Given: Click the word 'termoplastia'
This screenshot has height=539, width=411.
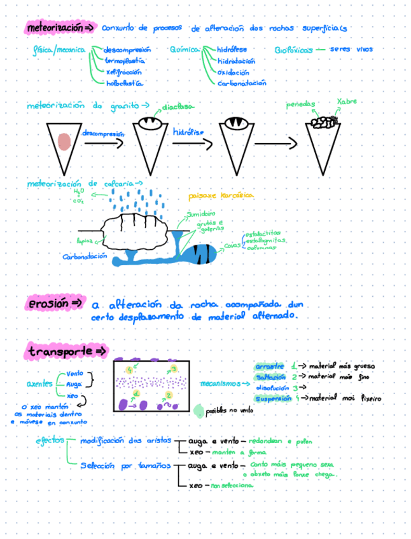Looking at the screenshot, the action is [125, 61].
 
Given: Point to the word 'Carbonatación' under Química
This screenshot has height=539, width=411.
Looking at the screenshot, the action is [242, 83].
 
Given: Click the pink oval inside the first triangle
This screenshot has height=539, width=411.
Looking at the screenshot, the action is [64, 141].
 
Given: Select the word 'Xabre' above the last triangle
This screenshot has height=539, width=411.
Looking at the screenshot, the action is [347, 101].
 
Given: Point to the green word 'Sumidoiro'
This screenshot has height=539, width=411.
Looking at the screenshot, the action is [201, 215].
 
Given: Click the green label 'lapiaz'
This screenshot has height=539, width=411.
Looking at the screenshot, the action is [85, 241].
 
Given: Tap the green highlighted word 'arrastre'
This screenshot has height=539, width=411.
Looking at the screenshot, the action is [268, 366].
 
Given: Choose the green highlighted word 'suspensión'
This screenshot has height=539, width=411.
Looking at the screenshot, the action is [272, 399].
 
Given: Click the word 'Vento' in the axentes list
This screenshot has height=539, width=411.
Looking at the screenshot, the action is [75, 374].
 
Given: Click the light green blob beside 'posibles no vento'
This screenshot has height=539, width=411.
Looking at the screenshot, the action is [199, 411].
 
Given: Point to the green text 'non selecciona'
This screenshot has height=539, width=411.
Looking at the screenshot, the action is [228, 486].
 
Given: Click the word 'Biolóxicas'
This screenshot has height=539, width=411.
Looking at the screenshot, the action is [294, 50].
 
